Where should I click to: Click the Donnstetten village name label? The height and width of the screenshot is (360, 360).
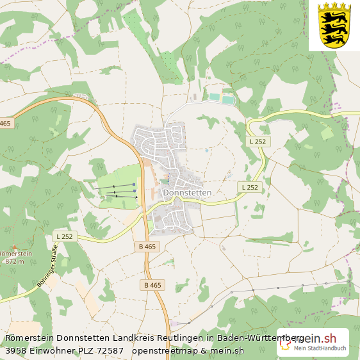tap(187, 192)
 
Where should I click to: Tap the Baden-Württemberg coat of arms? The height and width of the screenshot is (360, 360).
tap(334, 26)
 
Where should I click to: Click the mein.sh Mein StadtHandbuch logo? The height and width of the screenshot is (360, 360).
tap(313, 342)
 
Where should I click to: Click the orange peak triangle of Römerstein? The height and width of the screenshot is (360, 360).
tap(14, 247)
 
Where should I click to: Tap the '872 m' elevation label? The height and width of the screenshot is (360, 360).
tap(14, 261)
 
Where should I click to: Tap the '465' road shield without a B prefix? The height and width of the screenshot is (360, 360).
tap(5, 123)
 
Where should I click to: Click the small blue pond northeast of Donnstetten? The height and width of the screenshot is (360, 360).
tap(207, 151)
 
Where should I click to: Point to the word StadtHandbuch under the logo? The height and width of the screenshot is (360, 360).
tap(327, 348)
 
